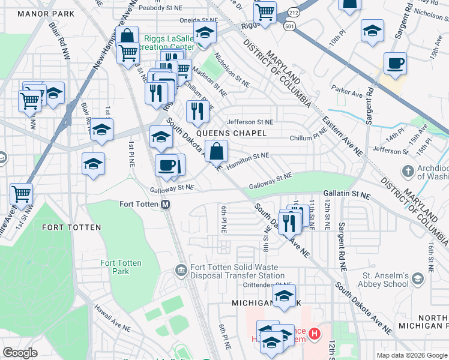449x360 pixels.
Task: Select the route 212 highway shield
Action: [x=292, y=11]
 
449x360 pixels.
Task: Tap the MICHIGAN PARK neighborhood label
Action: [x=261, y=304]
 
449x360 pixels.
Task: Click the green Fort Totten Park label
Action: [x=115, y=267]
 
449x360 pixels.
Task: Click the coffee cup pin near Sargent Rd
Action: [x=396, y=64]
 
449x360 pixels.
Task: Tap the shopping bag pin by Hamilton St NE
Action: [x=216, y=150]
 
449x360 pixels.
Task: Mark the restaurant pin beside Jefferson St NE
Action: [x=197, y=110]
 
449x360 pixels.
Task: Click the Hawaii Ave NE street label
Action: [x=112, y=317]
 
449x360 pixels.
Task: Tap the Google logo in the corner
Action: [x=20, y=353]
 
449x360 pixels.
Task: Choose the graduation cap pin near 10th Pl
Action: [x=372, y=31]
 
